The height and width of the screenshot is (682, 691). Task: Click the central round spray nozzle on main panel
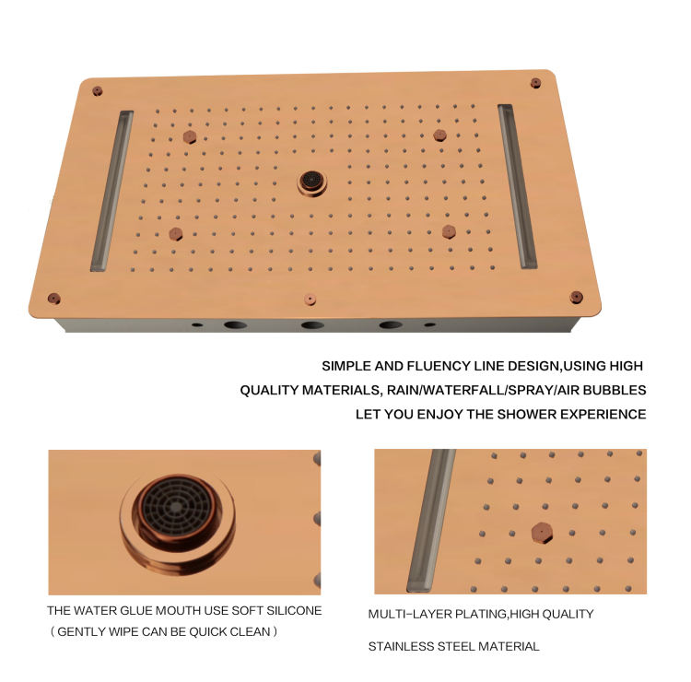click(312, 182)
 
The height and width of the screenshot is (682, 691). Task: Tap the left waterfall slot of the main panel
click(111, 191)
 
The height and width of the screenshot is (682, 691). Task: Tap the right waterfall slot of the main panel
click(518, 186)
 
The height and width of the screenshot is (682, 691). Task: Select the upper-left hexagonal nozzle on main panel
click(190, 136)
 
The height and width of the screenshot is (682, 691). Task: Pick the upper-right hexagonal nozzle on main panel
click(439, 135)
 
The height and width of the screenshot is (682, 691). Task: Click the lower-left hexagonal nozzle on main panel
click(176, 234)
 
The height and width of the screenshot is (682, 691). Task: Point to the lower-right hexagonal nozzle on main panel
click(449, 231)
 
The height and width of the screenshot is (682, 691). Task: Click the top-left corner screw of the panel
click(98, 91)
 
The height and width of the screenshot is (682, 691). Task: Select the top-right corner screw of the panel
click(535, 83)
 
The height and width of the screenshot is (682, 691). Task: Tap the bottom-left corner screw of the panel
click(53, 299)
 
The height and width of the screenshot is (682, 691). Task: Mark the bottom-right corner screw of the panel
click(577, 297)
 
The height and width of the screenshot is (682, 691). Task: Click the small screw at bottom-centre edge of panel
click(310, 300)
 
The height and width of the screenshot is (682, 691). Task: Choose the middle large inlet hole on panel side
click(312, 325)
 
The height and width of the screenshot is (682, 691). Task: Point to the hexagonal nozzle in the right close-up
click(542, 533)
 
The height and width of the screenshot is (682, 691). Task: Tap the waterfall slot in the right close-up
click(431, 520)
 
